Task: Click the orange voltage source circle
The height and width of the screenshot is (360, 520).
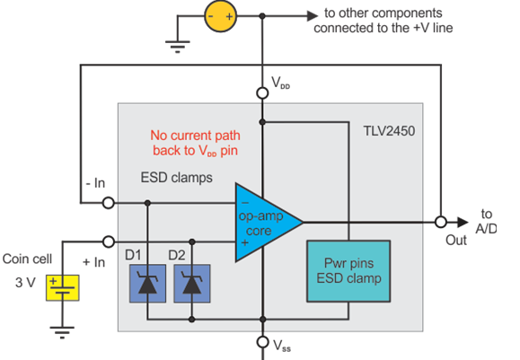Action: [221, 16]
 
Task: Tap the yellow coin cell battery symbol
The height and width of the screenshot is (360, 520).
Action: [62, 288]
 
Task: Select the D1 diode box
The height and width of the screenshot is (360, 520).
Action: [147, 284]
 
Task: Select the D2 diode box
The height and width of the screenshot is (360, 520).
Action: [192, 284]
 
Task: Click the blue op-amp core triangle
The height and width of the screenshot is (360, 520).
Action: [262, 223]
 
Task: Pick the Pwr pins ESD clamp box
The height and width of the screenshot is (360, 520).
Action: [348, 271]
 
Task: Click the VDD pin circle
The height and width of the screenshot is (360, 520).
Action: [262, 93]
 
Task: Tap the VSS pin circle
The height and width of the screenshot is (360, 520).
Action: [262, 342]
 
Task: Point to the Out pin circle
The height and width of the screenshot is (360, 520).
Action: [441, 222]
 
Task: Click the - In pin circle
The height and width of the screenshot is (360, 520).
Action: [108, 203]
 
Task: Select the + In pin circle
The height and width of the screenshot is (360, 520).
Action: [108, 241]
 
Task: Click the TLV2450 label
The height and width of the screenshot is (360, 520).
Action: [389, 131]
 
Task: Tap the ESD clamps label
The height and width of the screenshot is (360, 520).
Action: [176, 178]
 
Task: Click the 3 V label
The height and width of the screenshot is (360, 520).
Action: [25, 283]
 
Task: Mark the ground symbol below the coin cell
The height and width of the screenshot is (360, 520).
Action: [62, 332]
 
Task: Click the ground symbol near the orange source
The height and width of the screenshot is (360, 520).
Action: [178, 47]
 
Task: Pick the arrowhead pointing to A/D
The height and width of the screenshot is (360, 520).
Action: [463, 222]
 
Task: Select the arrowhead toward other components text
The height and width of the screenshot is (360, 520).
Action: [313, 15]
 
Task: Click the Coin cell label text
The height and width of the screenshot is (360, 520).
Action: [27, 259]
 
